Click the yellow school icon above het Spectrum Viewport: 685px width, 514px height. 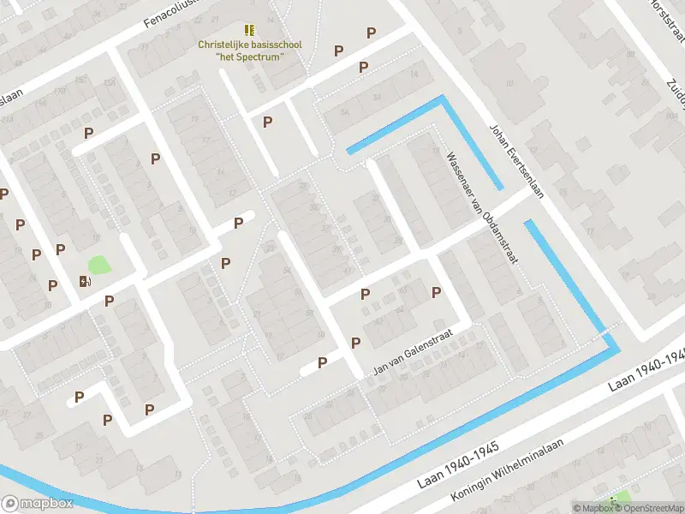pos(249,29)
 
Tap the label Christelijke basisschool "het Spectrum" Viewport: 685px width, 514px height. pos(249,51)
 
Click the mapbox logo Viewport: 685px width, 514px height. pos(38,504)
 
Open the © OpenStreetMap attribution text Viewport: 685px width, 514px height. pos(650,508)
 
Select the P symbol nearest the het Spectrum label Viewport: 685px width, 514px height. pos(267,122)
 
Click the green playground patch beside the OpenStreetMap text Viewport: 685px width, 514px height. pos(618,498)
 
